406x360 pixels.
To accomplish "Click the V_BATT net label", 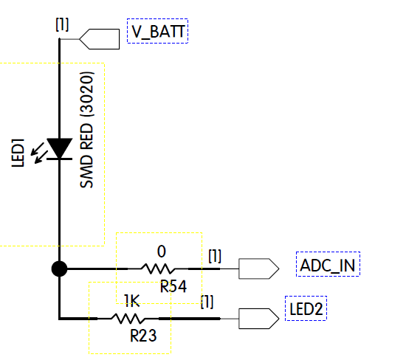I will pyautogui.click(x=157, y=32).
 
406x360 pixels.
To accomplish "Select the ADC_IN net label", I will pyautogui.click(x=327, y=266).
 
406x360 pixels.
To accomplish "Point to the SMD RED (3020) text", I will pyautogui.click(x=87, y=131).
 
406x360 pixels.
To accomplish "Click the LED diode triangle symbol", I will pyautogui.click(x=59, y=148).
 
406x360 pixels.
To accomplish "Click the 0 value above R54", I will pyautogui.click(x=161, y=251).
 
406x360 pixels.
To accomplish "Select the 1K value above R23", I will pyautogui.click(x=131, y=301).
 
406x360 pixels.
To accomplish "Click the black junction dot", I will pyautogui.click(x=59, y=269).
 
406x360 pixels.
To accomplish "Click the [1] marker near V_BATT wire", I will pyautogui.click(x=62, y=24).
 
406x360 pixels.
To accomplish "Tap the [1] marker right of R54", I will pyautogui.click(x=215, y=256).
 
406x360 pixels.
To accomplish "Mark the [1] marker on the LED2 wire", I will pyautogui.click(x=208, y=301).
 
